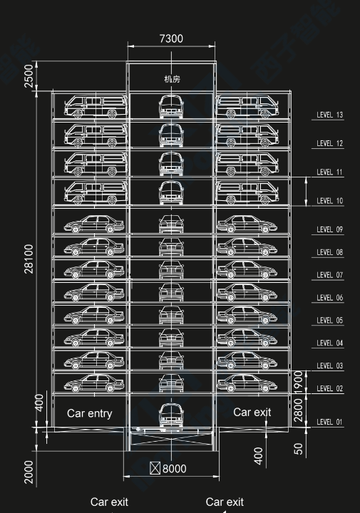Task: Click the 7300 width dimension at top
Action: pos(171,38)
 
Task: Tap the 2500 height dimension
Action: pos(29,76)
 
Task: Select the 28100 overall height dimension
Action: pos(29,259)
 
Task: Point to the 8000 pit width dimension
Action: pos(174,469)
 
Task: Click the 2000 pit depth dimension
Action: pos(29,472)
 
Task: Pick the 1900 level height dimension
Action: pos(299,381)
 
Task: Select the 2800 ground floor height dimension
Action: pos(299,410)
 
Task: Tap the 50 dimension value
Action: pos(299,449)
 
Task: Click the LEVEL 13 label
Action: pos(329,115)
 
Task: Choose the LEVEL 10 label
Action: pos(329,201)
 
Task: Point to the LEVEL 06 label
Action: pos(329,298)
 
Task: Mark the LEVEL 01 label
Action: pos(329,422)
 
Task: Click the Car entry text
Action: pos(90,413)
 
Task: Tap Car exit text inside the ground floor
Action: pos(252,413)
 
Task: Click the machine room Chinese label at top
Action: pos(172,79)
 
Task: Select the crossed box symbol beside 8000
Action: pos(155,468)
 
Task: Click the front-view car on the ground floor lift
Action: pos(171,415)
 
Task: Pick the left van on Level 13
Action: pos(96,106)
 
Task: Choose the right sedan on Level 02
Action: pos(247,383)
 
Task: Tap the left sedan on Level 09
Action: pos(94,224)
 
